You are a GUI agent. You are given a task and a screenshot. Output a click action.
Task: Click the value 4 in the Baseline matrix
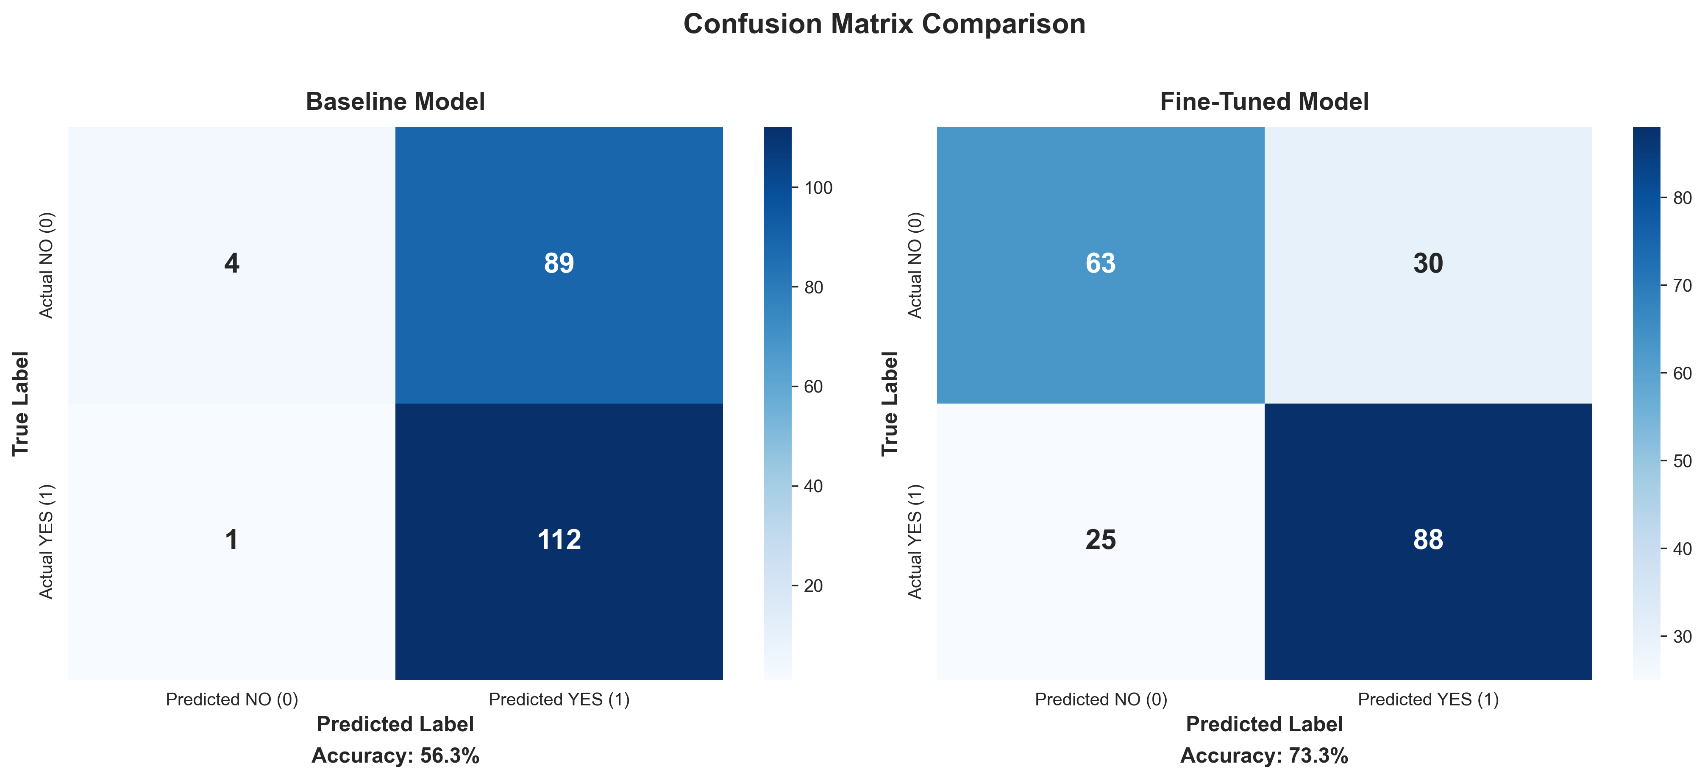pyautogui.click(x=232, y=264)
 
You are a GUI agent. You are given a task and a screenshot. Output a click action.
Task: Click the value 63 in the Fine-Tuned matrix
pyautogui.click(x=1100, y=264)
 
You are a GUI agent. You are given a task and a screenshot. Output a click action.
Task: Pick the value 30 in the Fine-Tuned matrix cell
pyautogui.click(x=1428, y=264)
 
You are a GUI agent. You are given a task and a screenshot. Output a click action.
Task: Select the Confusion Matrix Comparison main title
pyautogui.click(x=884, y=25)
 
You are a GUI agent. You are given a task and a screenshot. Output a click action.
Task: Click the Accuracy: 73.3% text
pyautogui.click(x=1264, y=755)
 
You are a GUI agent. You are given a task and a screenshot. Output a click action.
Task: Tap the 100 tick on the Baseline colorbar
pyautogui.click(x=818, y=188)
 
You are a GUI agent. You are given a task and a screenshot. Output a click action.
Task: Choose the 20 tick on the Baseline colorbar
pyautogui.click(x=813, y=586)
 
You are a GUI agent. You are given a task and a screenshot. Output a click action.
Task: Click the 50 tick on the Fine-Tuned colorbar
pyautogui.click(x=1682, y=461)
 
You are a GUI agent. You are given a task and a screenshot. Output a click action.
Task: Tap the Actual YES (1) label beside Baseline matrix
pyautogui.click(x=46, y=542)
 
